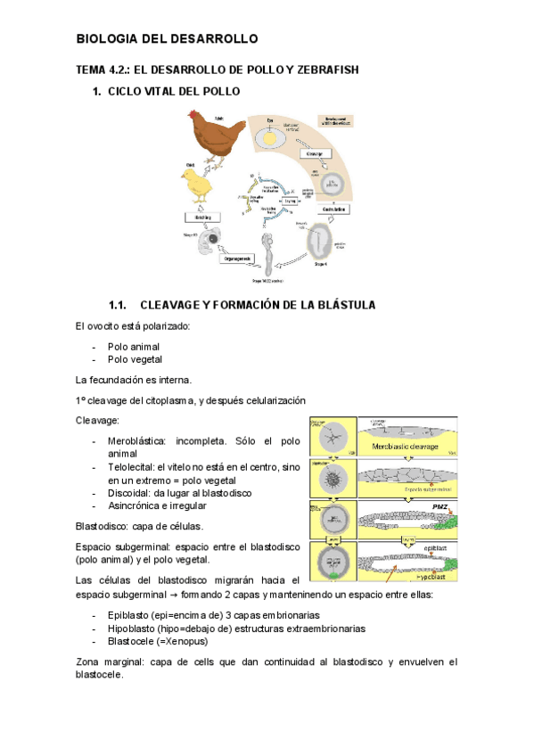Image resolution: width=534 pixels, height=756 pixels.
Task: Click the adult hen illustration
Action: (214, 136)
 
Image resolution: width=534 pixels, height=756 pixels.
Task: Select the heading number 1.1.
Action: (120, 306)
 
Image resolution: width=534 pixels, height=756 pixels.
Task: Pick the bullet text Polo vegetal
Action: (135, 359)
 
